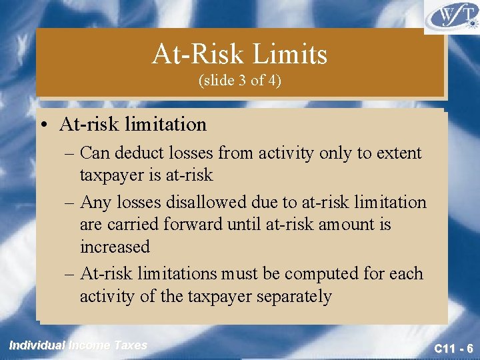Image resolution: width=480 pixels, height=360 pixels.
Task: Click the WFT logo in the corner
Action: point(451,17)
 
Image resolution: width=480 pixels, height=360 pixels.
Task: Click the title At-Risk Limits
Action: point(240,54)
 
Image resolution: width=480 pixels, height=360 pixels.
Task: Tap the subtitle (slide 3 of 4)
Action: point(240,81)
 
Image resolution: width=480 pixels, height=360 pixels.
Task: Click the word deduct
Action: point(137,153)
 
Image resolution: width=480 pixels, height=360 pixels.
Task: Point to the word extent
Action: point(399,153)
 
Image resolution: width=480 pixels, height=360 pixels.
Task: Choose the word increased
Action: point(115,247)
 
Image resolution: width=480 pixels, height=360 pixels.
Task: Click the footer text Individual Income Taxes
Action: point(78,345)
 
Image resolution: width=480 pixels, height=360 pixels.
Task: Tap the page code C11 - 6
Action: point(453,348)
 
